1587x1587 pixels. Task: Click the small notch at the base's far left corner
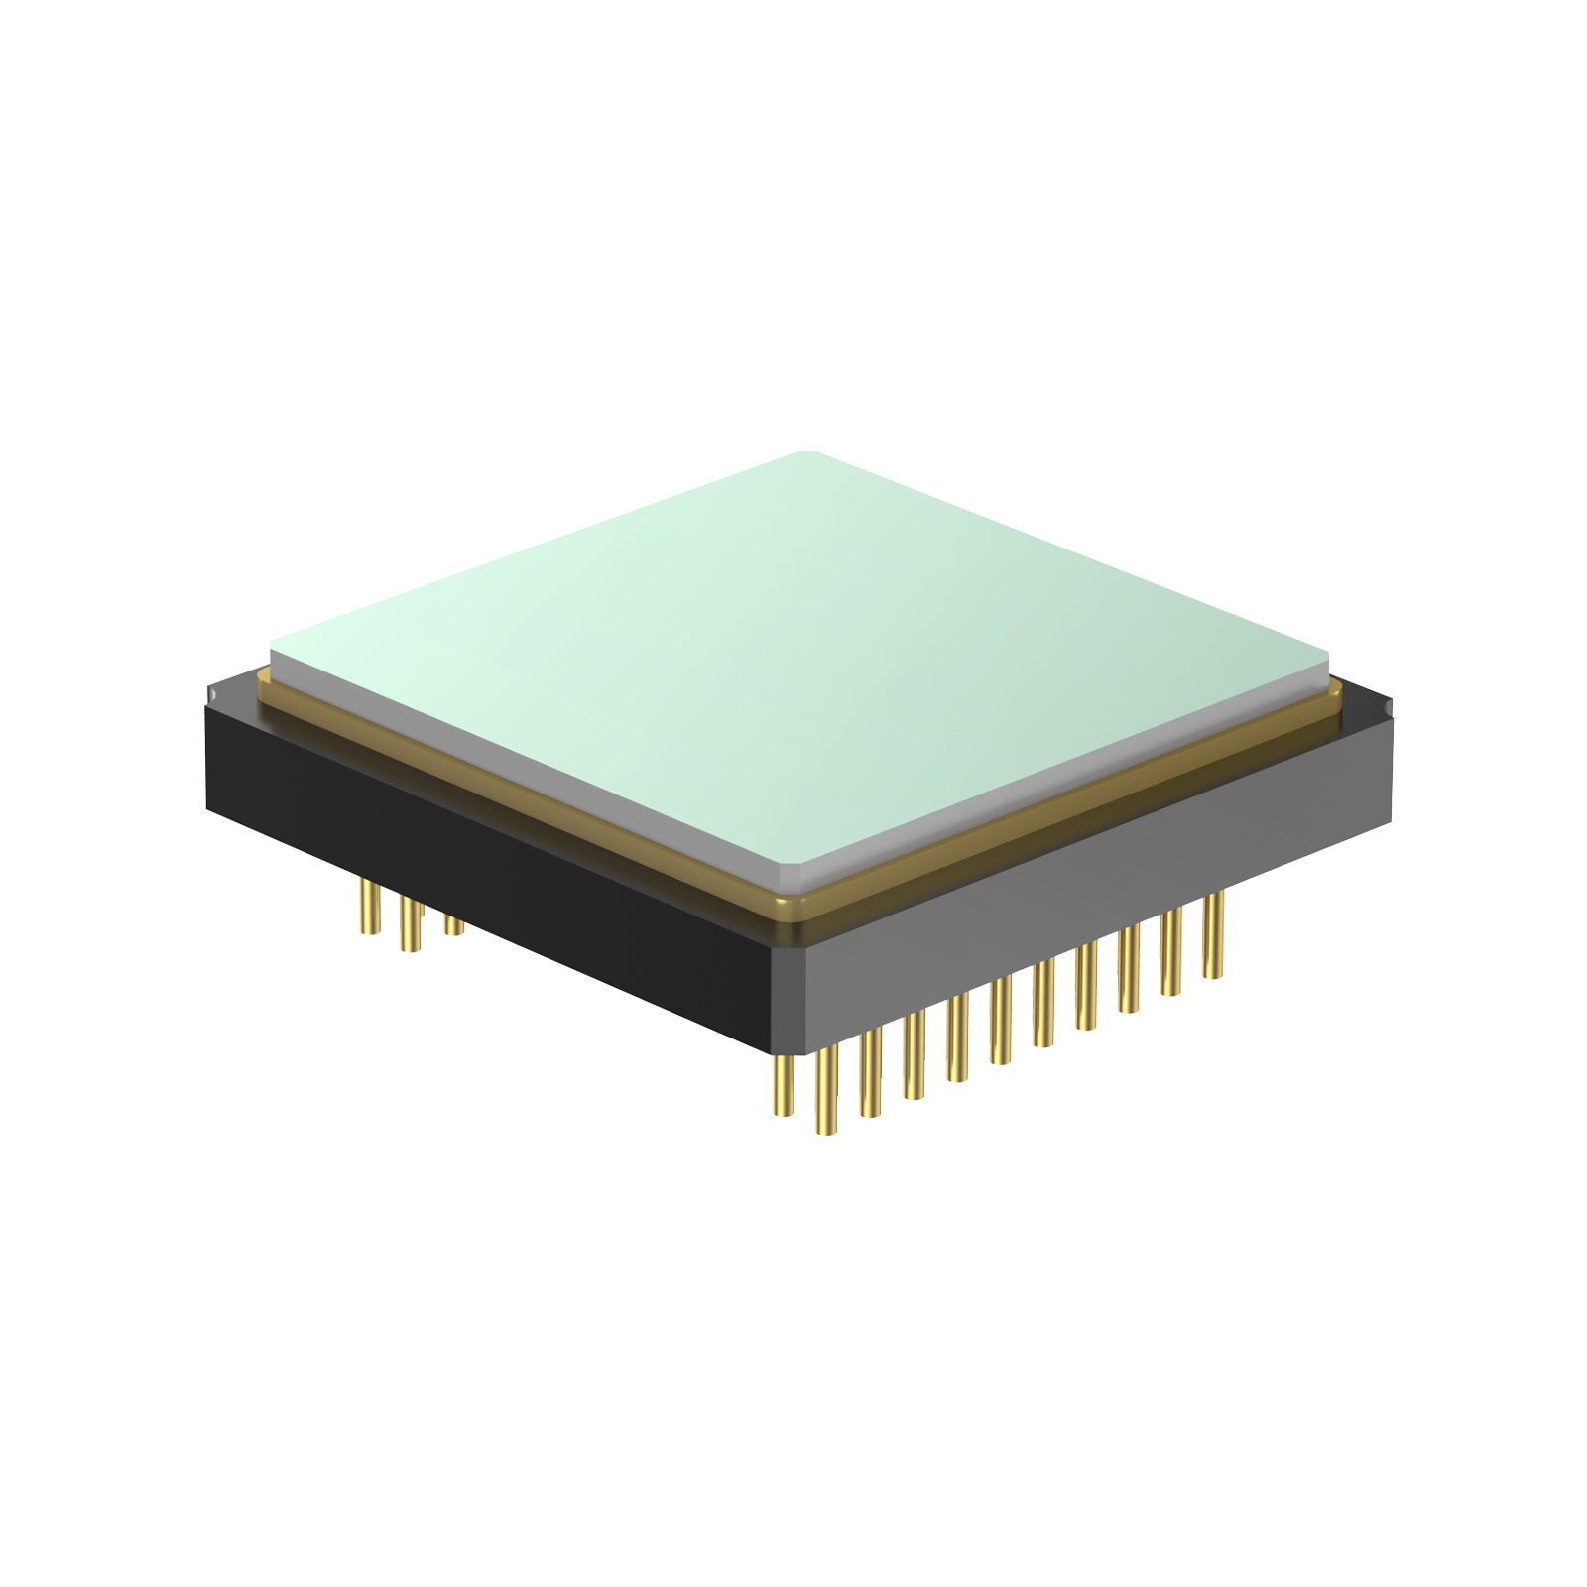coord(210,693)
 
